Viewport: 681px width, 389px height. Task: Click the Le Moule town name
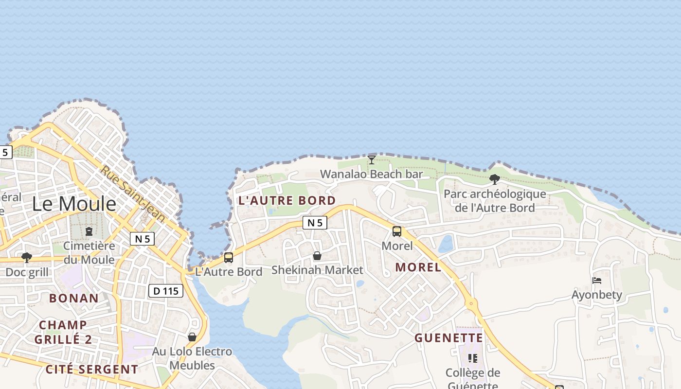click(x=74, y=204)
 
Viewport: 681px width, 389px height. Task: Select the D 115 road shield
click(x=165, y=291)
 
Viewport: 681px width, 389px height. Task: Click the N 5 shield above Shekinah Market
click(x=315, y=223)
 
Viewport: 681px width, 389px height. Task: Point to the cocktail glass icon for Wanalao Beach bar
click(x=372, y=159)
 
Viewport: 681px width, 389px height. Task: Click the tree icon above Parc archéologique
click(x=495, y=179)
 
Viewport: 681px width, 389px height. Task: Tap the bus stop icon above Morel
click(x=397, y=231)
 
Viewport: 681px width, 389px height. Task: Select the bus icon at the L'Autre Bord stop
click(x=229, y=258)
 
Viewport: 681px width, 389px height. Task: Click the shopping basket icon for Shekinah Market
click(x=317, y=256)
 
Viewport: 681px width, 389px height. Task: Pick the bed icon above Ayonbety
click(x=597, y=281)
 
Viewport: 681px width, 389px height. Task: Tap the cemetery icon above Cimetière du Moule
click(x=89, y=231)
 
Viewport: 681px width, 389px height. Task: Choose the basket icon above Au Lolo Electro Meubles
click(x=192, y=337)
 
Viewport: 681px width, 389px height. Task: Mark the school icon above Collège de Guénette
click(x=472, y=358)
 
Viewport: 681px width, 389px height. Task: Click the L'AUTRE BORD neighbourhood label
click(x=287, y=200)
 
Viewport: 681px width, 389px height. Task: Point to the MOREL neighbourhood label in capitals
click(x=418, y=267)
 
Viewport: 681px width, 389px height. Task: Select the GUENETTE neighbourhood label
click(x=448, y=338)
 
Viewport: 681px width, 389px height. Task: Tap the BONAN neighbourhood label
click(x=74, y=298)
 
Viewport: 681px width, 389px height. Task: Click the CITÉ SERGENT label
click(x=92, y=369)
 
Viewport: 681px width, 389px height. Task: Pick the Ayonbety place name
click(x=596, y=295)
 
